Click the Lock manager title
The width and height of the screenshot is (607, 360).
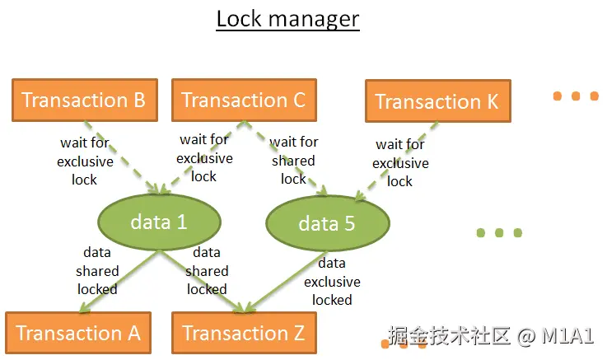[287, 18]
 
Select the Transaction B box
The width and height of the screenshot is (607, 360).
[83, 100]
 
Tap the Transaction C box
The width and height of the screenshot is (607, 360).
[243, 100]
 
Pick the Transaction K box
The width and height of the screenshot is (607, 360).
[437, 102]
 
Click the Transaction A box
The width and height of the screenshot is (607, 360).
[78, 333]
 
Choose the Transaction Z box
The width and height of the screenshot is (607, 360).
[243, 333]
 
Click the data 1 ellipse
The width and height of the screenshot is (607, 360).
[160, 222]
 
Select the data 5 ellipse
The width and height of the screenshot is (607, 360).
[327, 223]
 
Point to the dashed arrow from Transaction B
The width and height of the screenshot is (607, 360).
[124, 159]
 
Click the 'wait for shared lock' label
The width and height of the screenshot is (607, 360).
[294, 161]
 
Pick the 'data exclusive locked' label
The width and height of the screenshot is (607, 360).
[332, 281]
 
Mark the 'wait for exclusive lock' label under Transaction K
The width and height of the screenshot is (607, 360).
[400, 162]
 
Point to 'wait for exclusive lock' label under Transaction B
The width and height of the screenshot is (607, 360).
[85, 161]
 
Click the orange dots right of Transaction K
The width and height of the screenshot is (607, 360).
[576, 96]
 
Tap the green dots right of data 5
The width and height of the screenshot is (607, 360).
[499, 233]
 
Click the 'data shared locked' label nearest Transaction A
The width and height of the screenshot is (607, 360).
[97, 270]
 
